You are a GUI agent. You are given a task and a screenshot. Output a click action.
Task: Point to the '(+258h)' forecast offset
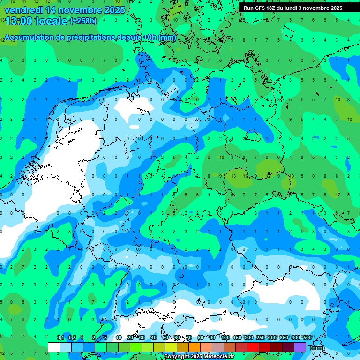[x=83, y=21]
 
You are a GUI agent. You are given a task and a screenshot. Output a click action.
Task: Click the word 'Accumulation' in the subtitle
[x=29, y=37]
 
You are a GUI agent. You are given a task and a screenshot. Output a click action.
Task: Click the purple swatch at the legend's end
[x=300, y=347]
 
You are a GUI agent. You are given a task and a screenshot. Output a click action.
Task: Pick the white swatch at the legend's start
[x=54, y=347]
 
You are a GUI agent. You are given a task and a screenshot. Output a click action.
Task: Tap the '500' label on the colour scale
[x=307, y=337]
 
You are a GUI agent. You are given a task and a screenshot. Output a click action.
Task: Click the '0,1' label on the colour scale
[x=60, y=337]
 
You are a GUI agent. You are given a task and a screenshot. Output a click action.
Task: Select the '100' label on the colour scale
[x=225, y=337]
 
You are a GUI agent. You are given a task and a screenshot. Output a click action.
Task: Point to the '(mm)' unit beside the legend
[x=317, y=348]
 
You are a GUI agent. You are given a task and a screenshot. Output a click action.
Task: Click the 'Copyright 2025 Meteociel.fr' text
[x=199, y=357]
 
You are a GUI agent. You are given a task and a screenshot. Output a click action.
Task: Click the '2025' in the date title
[x=114, y=10]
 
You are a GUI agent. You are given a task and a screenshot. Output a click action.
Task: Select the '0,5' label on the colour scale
[x=72, y=337]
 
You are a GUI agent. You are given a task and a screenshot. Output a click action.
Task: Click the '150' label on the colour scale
[x=237, y=337]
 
